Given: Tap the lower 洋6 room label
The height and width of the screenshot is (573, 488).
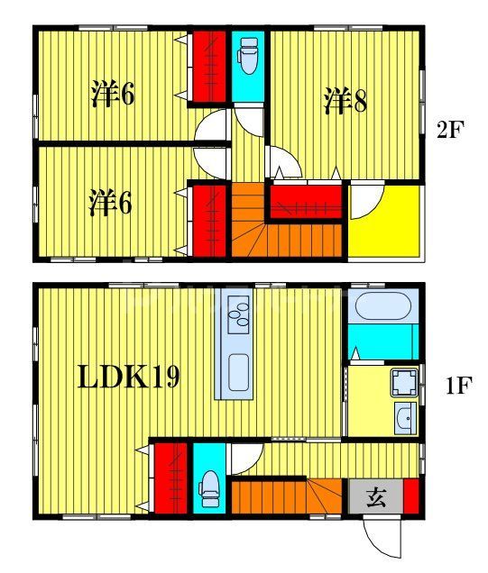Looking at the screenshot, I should [x=110, y=204].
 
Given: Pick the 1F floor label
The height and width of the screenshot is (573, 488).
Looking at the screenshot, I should [x=457, y=387].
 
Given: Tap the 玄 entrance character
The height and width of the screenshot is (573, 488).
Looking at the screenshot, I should [x=377, y=497].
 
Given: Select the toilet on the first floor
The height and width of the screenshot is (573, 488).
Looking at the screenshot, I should [x=210, y=487].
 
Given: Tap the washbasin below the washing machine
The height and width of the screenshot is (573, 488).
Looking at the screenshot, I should [x=406, y=418].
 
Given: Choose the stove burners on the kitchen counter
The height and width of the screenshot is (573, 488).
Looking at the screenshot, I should [x=240, y=314].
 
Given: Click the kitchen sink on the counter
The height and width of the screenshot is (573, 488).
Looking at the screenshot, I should [x=239, y=370].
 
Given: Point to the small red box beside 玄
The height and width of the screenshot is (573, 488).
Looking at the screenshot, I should [x=411, y=497].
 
